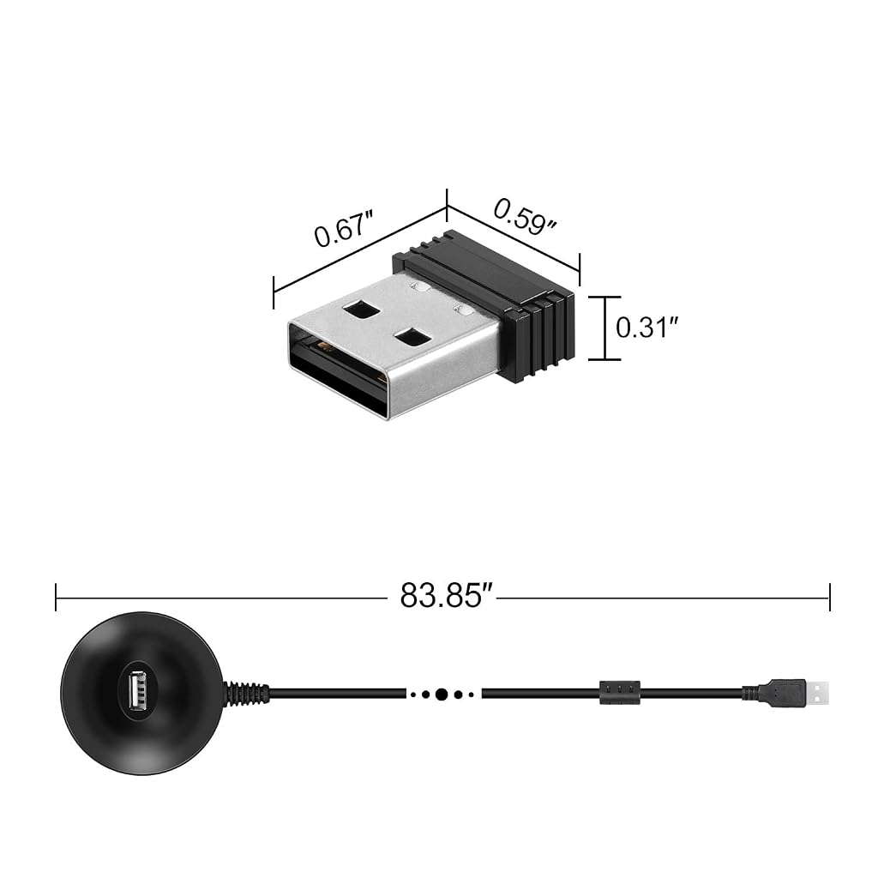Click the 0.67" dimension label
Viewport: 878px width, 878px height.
tap(344, 228)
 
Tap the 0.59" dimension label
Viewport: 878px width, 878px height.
tap(526, 217)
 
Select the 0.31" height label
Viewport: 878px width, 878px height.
tap(647, 328)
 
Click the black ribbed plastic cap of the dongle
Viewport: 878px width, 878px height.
tap(493, 303)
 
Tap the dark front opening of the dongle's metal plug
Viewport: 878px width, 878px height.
tap(336, 370)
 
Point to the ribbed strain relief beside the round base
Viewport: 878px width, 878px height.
tap(246, 693)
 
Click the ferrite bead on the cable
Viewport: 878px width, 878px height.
tap(619, 693)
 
